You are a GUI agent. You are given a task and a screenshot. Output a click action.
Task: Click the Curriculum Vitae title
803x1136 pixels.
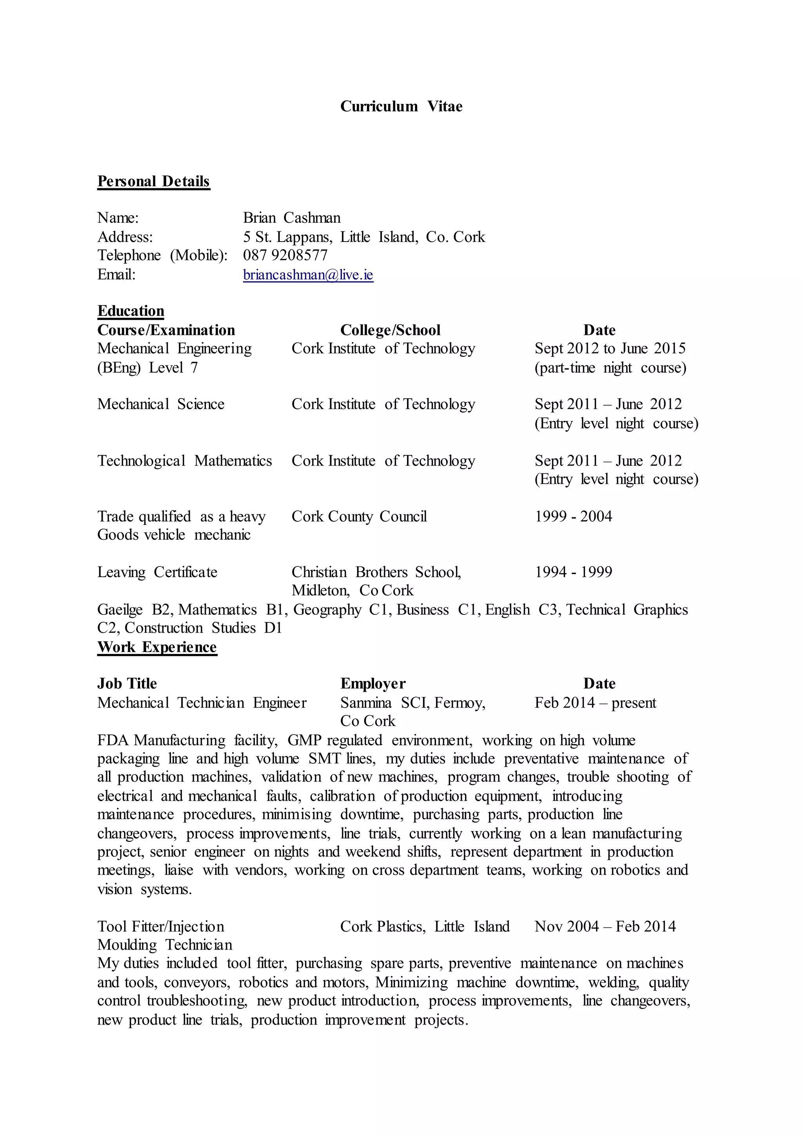coord(401,106)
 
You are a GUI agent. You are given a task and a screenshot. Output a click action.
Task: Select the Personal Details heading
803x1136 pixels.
coord(153,181)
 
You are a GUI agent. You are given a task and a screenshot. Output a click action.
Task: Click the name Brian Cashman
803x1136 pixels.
coord(292,218)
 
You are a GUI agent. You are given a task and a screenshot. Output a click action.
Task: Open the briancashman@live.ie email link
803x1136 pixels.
coord(308,275)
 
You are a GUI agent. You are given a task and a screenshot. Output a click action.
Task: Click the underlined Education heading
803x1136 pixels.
coord(131,311)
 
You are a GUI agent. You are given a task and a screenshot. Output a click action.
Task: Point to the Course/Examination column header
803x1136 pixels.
coord(166,330)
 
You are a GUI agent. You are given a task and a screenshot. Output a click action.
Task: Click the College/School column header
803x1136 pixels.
coord(390,330)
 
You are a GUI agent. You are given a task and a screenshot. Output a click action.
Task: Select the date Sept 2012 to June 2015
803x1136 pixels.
coord(610,348)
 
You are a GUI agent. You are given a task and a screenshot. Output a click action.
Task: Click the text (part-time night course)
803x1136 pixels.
coord(610,368)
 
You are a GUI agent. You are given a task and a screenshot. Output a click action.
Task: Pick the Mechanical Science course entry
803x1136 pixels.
coord(161,404)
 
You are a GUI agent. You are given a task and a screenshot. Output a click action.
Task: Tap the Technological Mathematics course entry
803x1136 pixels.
coord(184,461)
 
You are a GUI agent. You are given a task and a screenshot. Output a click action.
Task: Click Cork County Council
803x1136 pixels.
coord(359,517)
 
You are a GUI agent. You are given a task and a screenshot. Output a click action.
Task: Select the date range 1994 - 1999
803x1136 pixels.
coord(573,572)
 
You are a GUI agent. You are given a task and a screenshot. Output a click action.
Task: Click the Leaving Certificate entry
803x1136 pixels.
coord(157,572)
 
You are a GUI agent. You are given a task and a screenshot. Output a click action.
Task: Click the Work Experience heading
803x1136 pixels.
coord(157,647)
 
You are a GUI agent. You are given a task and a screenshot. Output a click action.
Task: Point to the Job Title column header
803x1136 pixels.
coord(127,683)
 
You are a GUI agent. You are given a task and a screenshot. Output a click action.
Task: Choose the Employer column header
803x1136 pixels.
coord(373,683)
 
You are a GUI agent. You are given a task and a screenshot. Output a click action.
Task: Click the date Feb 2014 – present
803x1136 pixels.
coord(595,703)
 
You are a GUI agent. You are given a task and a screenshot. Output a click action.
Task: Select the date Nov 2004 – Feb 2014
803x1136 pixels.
coord(605,926)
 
